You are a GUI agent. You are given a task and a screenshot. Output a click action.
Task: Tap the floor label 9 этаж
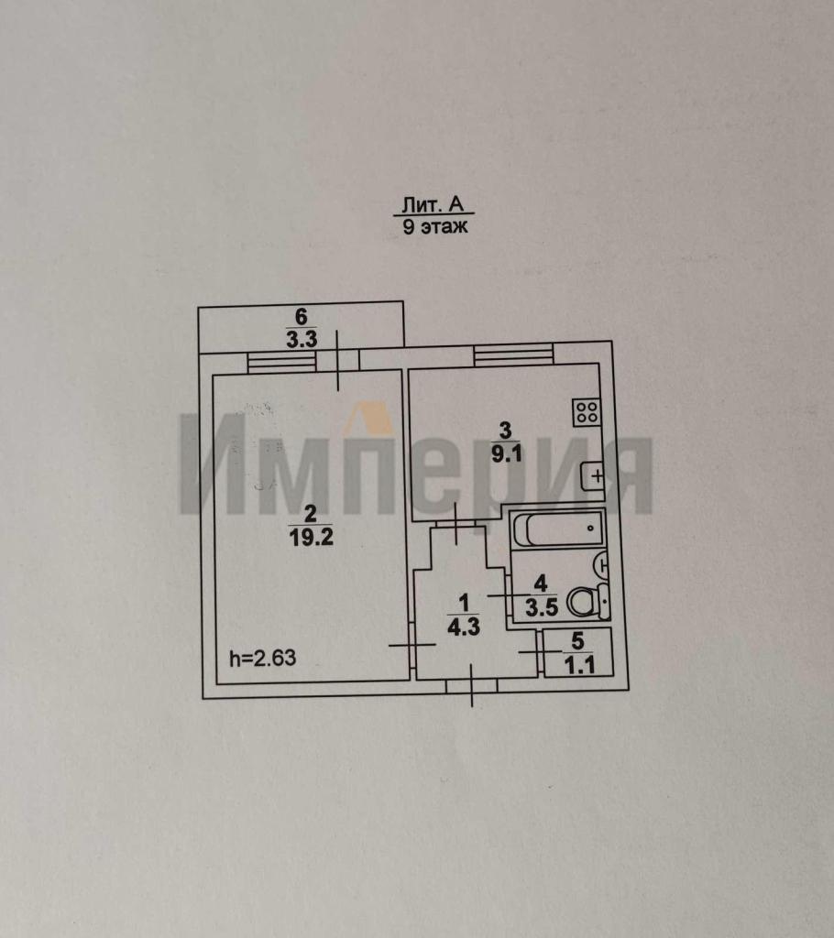pyautogui.click(x=435, y=227)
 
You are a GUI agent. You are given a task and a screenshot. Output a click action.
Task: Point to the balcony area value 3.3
pyautogui.click(x=300, y=339)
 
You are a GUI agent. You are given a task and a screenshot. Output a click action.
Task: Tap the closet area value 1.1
pyautogui.click(x=576, y=666)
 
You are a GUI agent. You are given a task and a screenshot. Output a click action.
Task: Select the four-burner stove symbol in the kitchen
pyautogui.click(x=587, y=412)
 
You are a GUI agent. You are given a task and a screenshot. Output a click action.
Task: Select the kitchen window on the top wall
pyautogui.click(x=513, y=354)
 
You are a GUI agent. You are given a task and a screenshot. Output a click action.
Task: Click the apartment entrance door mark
pyautogui.click(x=472, y=685)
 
